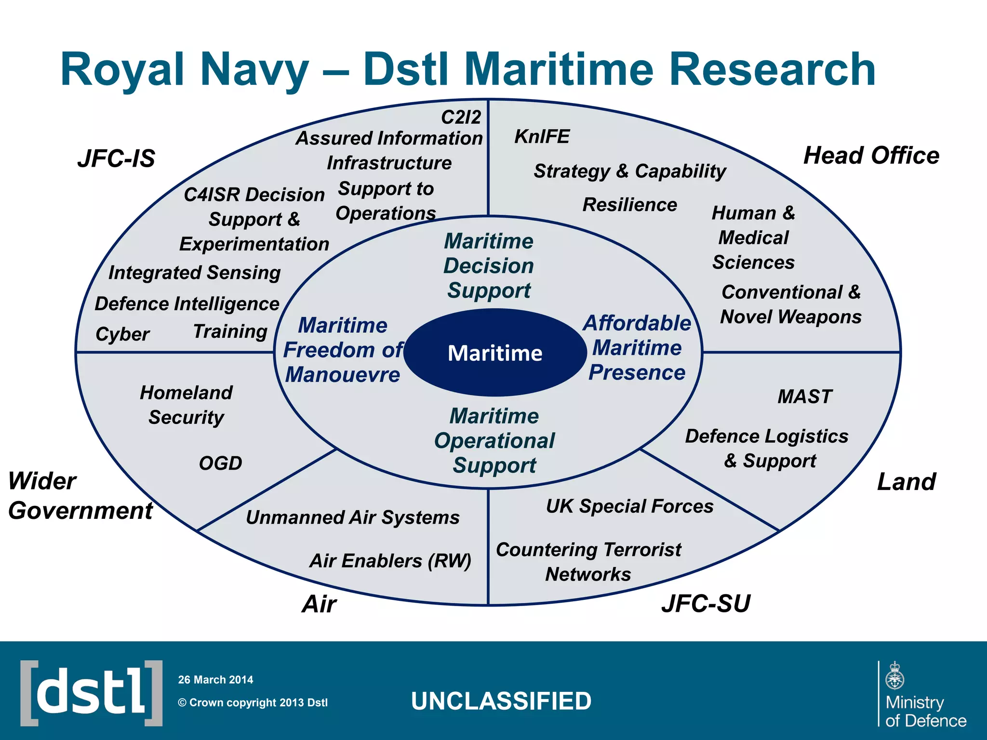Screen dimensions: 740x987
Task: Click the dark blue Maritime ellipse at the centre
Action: (x=495, y=353)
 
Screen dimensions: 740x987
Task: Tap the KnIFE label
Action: (x=542, y=136)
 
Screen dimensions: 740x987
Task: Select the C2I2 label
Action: (x=461, y=117)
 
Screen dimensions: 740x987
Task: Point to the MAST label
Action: (x=805, y=396)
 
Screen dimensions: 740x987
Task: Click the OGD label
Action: (x=220, y=463)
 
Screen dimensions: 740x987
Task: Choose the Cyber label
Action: (x=122, y=334)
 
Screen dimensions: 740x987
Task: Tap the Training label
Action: (x=230, y=331)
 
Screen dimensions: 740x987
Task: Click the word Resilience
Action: (x=629, y=205)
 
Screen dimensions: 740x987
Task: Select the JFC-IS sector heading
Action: (x=116, y=159)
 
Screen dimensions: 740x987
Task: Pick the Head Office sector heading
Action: (x=871, y=156)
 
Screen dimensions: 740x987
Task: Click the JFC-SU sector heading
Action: (x=706, y=603)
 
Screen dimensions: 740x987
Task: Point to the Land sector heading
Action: (x=906, y=481)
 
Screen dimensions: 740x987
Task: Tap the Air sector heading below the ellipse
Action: (x=319, y=604)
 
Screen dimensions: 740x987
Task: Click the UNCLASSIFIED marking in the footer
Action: (x=501, y=701)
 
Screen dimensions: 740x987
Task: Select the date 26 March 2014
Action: (x=215, y=680)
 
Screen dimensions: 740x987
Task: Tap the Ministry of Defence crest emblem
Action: (x=895, y=676)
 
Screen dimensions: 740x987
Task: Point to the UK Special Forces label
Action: (x=629, y=506)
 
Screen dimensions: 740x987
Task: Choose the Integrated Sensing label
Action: (x=194, y=273)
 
